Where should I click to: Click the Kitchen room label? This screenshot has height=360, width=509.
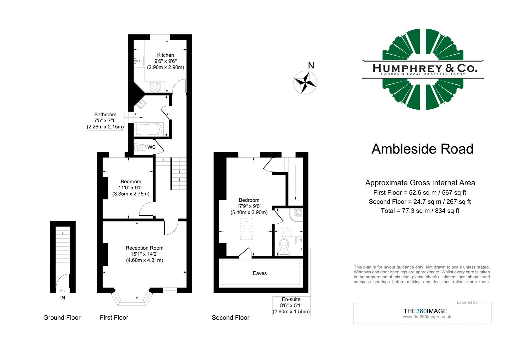[166, 55]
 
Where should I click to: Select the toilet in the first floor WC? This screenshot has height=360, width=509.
[141, 147]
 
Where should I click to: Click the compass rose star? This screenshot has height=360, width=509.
[305, 82]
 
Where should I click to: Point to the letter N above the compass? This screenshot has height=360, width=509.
[311, 66]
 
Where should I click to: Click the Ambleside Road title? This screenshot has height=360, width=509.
[422, 149]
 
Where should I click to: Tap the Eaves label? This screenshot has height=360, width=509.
[259, 273]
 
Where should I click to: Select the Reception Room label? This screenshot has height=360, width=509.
[144, 248]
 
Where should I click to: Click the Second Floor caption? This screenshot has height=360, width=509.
[231, 318]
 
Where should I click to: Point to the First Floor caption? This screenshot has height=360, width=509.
[114, 318]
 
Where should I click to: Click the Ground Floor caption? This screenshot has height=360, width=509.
[62, 318]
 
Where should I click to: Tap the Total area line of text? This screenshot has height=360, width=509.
[420, 211]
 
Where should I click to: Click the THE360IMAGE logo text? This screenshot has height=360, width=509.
[425, 311]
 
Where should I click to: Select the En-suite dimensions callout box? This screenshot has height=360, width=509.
[291, 306]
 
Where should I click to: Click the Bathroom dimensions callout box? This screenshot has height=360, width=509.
[105, 121]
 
